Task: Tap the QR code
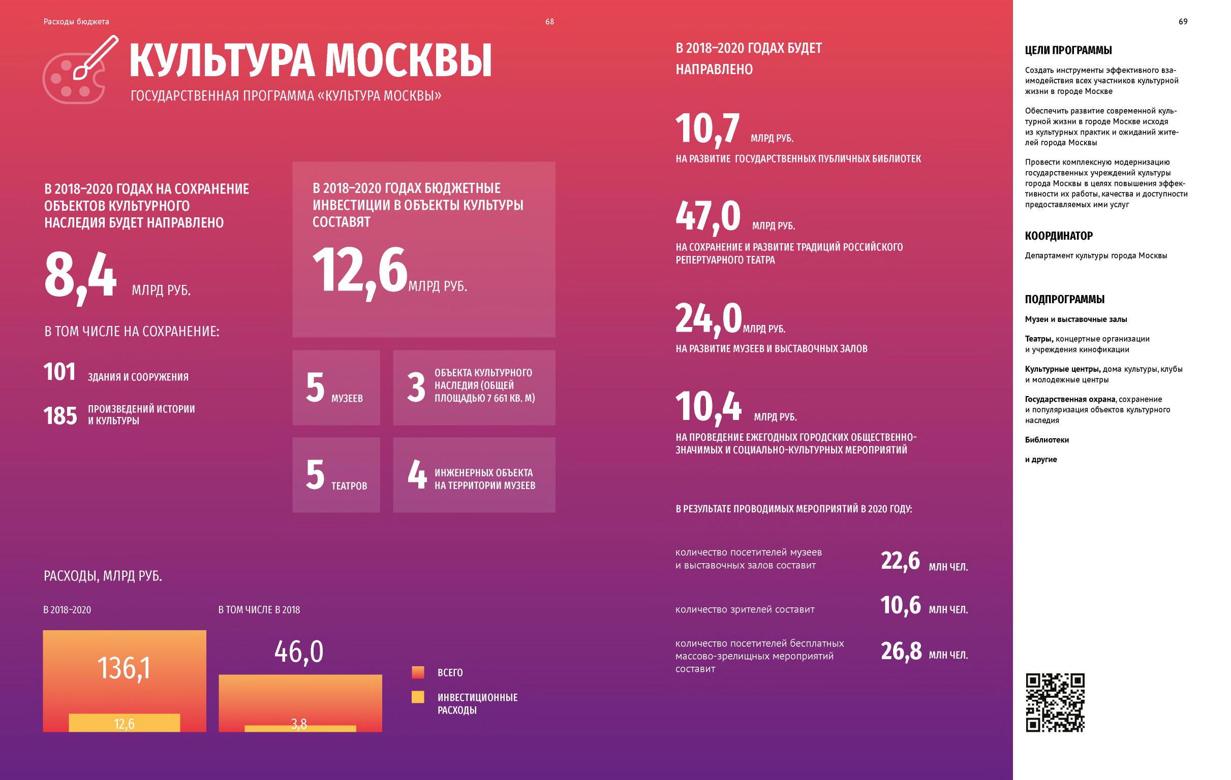1055,702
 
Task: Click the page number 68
549,21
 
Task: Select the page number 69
1183,21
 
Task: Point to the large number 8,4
80,276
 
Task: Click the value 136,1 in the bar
124,668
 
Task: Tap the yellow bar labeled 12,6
124,723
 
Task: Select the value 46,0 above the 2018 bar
299,652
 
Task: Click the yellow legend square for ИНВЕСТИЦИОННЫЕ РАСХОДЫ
418,697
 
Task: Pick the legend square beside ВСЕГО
418,672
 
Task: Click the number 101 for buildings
59,372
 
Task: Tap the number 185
60,416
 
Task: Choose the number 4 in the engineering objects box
417,474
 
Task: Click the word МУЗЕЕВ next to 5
347,399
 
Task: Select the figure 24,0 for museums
709,319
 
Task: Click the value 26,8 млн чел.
901,652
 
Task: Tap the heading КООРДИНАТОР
1059,236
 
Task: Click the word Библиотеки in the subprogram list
1047,440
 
